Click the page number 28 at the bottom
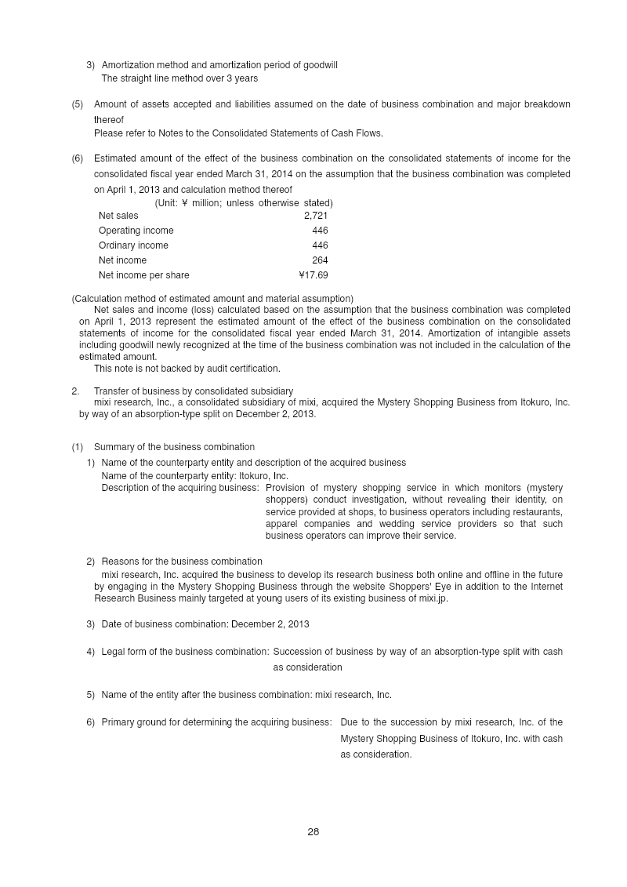click(313, 832)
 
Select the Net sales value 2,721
click(316, 216)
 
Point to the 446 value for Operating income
click(320, 231)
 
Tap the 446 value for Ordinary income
click(320, 245)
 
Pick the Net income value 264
click(320, 260)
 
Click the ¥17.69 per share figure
click(313, 275)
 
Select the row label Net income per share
click(143, 275)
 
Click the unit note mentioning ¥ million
click(243, 203)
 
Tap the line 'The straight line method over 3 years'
click(179, 78)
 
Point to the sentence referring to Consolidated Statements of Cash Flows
click(238, 133)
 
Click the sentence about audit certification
click(187, 369)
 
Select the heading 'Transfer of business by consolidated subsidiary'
click(194, 391)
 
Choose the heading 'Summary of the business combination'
click(174, 447)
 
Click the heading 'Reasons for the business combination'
click(182, 562)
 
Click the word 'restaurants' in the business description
click(538, 512)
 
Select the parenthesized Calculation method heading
click(212, 299)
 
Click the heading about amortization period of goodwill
click(219, 65)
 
